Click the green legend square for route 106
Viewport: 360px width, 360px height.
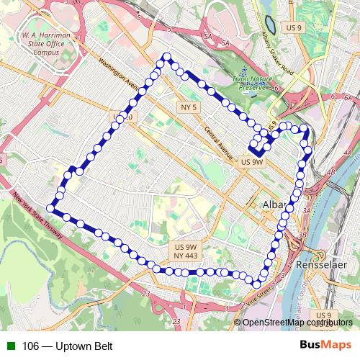click(x=10, y=346)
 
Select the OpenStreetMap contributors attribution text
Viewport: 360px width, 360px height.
click(x=293, y=322)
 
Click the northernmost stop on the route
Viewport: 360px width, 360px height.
click(x=167, y=57)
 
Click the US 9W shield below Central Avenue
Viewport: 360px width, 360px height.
click(x=252, y=162)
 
